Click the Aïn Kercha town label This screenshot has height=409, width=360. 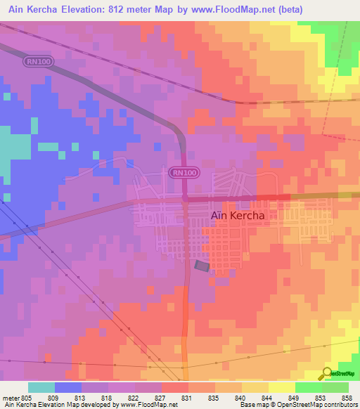(238, 216)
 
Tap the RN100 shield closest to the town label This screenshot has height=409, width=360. (184, 172)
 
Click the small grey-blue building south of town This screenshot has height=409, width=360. (202, 266)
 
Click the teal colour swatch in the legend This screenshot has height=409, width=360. (41, 387)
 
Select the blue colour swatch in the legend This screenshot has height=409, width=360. (68, 387)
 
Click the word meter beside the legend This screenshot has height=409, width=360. (9, 398)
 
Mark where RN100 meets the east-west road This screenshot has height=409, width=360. (185, 199)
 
